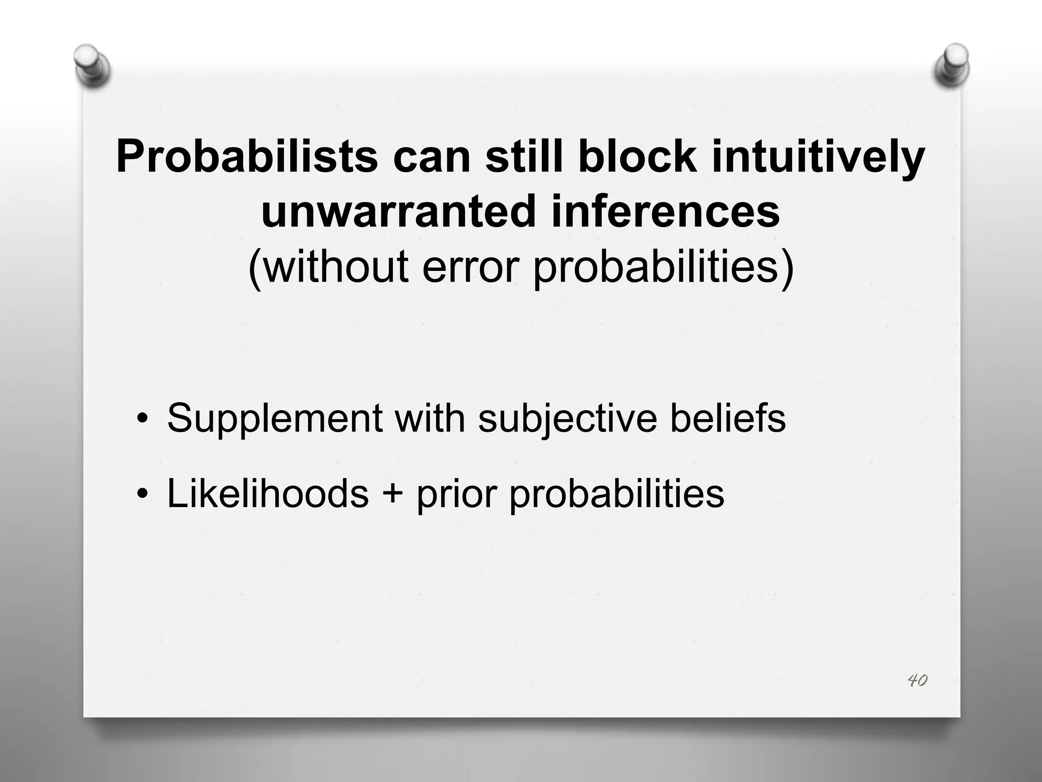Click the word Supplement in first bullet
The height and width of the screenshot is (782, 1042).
tap(275, 418)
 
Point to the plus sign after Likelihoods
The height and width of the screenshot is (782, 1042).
tap(392, 494)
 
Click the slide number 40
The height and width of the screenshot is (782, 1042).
tap(917, 680)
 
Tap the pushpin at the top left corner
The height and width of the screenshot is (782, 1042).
tap(92, 65)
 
